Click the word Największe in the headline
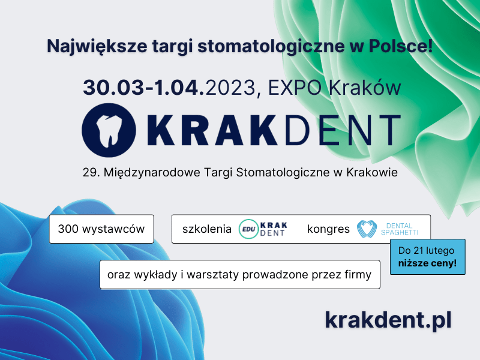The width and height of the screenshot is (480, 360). tap(97, 47)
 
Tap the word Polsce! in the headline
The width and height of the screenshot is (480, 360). tap(400, 46)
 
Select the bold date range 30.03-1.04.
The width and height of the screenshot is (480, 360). tap(143, 88)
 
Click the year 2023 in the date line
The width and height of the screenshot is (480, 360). tap(230, 88)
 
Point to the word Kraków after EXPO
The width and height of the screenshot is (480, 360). tap(365, 87)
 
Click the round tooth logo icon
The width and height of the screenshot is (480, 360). tap(109, 130)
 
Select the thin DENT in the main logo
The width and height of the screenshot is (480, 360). tap(343, 130)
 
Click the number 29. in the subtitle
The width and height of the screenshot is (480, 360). tap(91, 172)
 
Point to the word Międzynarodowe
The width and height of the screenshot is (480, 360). tap(152, 173)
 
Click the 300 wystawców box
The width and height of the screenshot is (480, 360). tap(101, 229)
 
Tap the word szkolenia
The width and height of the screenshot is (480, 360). tap(207, 229)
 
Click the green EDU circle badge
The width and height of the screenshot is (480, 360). tap(248, 229)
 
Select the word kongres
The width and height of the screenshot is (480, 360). tap(328, 230)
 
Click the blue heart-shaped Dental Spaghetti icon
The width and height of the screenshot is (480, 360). tap(367, 229)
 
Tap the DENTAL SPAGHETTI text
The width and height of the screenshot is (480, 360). tap(400, 229)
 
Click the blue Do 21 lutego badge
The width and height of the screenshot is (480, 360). tap(428, 257)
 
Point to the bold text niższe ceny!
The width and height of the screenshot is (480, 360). tap(427, 263)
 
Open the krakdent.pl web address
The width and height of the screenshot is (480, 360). tap(388, 320)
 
